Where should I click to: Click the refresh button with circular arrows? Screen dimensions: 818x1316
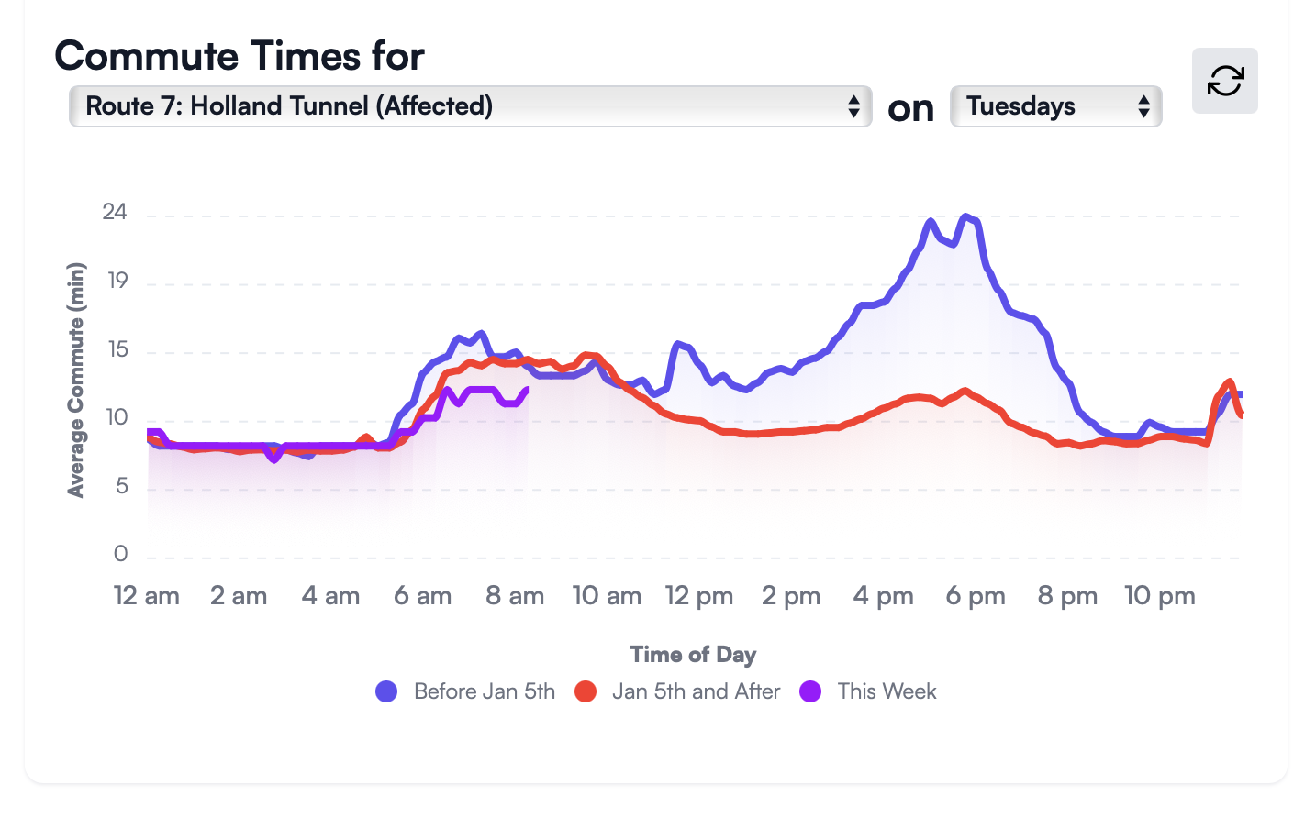[x=1224, y=81]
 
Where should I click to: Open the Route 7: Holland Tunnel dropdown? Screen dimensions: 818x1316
[x=469, y=106]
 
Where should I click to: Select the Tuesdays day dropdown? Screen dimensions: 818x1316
[x=1055, y=106]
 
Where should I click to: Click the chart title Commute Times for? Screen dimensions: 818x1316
[x=240, y=56]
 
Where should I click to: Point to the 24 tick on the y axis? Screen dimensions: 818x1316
[x=115, y=213]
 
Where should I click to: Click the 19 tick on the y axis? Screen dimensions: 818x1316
[x=117, y=282]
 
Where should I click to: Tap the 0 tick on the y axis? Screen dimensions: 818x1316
[x=120, y=554]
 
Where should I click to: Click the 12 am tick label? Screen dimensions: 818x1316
[x=147, y=596]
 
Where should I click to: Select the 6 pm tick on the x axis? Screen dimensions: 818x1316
[x=976, y=596]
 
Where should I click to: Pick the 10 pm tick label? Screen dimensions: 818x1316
[x=1160, y=596]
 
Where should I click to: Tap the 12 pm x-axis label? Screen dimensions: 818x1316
[x=699, y=596]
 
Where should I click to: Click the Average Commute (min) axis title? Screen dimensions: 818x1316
[x=76, y=380]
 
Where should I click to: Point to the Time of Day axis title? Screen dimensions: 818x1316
[x=693, y=655]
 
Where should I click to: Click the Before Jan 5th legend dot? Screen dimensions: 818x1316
[x=386, y=691]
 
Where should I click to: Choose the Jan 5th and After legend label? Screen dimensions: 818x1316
[x=696, y=691]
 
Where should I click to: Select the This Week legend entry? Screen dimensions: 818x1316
[x=887, y=691]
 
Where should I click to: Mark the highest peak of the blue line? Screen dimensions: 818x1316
[x=965, y=216]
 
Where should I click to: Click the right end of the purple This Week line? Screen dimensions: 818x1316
[x=527, y=389]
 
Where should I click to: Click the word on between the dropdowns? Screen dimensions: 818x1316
[x=910, y=109]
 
